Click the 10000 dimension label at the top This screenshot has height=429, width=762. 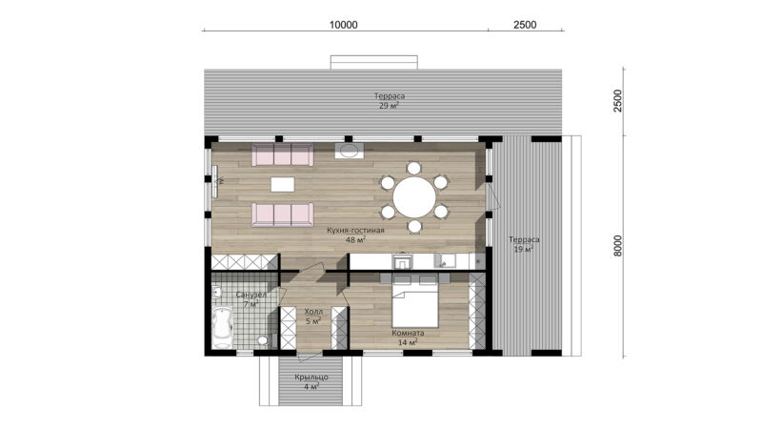[x=343, y=25]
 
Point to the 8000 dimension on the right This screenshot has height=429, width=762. [x=617, y=246]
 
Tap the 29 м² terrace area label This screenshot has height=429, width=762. [x=390, y=105]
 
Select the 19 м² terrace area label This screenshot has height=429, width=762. [x=523, y=249]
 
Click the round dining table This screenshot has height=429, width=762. [x=414, y=197]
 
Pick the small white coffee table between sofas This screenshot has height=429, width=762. [x=282, y=184]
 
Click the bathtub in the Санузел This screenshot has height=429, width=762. [x=222, y=326]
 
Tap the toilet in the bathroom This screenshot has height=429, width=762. [x=264, y=339]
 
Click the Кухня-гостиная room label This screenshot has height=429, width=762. [x=355, y=230]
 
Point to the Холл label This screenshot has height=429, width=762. [x=313, y=312]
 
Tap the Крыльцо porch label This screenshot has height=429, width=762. [x=311, y=377]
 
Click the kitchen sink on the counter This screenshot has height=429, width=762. [x=445, y=260]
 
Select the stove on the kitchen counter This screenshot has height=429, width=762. [x=403, y=261]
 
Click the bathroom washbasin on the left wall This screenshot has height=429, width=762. [x=217, y=293]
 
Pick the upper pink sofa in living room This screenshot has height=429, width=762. [x=282, y=154]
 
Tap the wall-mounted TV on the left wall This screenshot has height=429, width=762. [x=215, y=181]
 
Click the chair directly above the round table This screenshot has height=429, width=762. [x=413, y=169]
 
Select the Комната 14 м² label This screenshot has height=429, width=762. [x=408, y=337]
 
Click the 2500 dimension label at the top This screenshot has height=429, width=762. [x=525, y=25]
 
